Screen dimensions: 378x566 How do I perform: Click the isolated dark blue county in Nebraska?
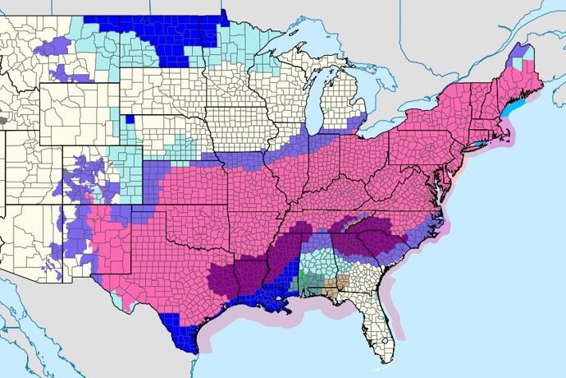130,120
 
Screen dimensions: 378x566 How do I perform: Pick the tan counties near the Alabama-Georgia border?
336,288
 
